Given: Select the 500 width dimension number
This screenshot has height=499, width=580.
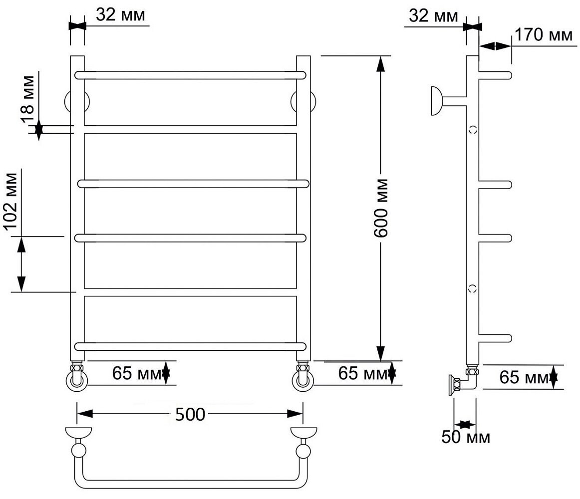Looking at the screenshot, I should click(x=190, y=414).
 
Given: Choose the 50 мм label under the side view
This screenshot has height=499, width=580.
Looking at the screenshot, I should click(x=466, y=438).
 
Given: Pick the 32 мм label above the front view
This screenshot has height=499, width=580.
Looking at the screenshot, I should click(x=120, y=15).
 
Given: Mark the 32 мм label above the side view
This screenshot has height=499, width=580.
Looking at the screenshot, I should click(x=433, y=16).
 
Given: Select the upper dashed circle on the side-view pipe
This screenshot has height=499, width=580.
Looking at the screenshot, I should click(x=473, y=129).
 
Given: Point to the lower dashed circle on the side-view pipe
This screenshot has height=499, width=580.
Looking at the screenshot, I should click(x=473, y=288).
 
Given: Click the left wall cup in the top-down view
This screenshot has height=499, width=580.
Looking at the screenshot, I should click(x=78, y=432).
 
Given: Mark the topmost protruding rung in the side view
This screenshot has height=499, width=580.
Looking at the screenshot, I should click(x=496, y=75).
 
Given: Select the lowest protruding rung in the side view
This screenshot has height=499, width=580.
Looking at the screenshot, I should click(x=496, y=338).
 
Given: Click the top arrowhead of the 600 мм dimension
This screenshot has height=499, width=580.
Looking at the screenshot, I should click(x=381, y=62).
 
